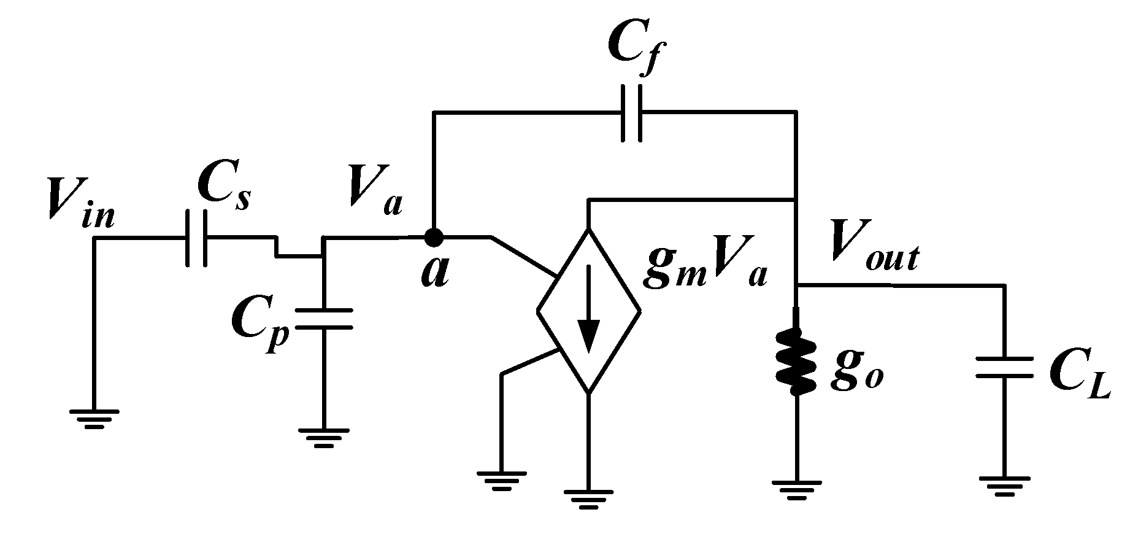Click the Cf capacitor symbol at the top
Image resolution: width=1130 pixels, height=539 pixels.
click(632, 113)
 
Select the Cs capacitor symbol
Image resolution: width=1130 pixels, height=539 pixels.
click(196, 238)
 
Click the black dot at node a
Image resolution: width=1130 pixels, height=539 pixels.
click(434, 236)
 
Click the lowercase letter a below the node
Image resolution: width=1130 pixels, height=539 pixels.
click(435, 272)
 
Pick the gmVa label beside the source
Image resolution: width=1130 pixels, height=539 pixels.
click(705, 270)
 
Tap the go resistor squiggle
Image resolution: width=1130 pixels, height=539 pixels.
click(796, 362)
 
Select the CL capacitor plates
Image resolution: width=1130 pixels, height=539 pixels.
click(1004, 367)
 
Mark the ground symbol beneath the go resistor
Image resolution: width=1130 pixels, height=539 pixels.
click(796, 490)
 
